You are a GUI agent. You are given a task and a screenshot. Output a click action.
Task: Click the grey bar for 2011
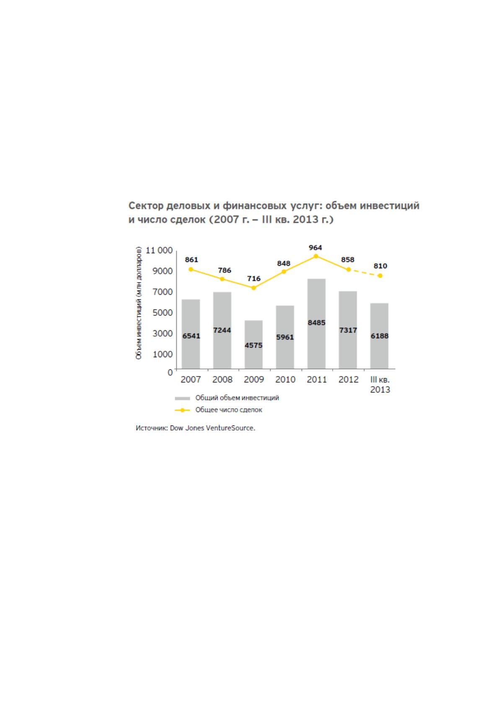316,324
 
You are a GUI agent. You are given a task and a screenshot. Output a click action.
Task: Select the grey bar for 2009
253,345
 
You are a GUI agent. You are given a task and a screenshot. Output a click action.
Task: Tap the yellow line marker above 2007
191,270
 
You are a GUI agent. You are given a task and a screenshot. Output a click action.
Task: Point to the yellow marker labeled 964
316,256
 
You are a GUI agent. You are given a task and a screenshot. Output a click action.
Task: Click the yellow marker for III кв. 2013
380,276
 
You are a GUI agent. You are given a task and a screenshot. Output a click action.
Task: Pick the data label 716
253,279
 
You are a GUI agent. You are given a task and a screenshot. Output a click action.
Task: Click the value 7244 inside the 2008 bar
222,330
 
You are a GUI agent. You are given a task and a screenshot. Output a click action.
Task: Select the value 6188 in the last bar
379,336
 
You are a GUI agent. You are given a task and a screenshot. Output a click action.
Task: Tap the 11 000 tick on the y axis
159,250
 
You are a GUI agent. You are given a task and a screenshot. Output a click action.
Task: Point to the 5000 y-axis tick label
163,313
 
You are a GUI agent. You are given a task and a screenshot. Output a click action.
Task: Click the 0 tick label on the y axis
170,372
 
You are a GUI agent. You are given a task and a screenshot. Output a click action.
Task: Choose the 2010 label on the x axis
285,379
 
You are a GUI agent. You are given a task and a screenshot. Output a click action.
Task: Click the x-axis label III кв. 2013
380,384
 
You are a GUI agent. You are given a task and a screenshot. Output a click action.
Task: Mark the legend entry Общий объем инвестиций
227,398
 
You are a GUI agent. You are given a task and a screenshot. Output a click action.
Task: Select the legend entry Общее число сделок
218,410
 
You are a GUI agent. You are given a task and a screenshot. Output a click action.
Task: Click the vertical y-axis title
139,303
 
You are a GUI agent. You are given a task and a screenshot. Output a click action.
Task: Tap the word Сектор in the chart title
146,206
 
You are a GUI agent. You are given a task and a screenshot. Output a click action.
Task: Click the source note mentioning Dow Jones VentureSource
195,428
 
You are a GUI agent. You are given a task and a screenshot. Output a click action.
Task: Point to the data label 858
348,260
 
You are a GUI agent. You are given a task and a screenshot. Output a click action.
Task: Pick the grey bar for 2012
348,330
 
